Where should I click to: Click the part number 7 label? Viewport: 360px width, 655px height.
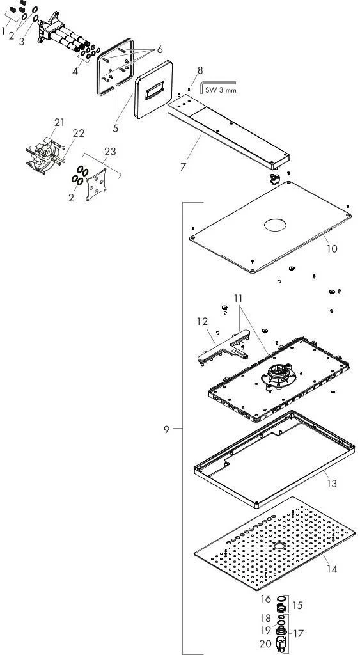pyautogui.click(x=183, y=167)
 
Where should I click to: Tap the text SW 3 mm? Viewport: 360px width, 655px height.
pyautogui.click(x=221, y=90)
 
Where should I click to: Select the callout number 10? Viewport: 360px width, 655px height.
pyautogui.click(x=332, y=249)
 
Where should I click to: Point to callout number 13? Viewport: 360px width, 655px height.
pyautogui.click(x=332, y=484)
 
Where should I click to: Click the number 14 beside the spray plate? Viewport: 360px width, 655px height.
pyautogui.click(x=332, y=569)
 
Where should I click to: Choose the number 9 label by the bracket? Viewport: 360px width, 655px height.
pyautogui.click(x=167, y=429)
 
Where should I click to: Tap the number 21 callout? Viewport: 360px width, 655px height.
pyautogui.click(x=59, y=122)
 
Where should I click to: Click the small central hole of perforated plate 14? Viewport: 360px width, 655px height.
pyautogui.click(x=279, y=546)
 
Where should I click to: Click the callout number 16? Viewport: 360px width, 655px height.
pyautogui.click(x=265, y=599)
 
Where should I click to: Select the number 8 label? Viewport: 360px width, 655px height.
pyautogui.click(x=200, y=70)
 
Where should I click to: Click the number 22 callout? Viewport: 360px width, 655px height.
pyautogui.click(x=79, y=133)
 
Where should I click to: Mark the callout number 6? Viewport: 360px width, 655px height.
pyautogui.click(x=159, y=50)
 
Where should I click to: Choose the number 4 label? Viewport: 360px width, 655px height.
pyautogui.click(x=75, y=71)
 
